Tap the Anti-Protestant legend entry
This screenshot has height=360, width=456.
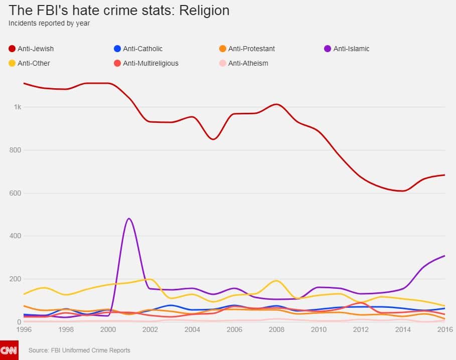tap(246, 49)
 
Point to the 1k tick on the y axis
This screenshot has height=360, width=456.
tap(17, 107)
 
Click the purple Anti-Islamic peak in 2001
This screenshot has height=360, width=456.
tap(129, 219)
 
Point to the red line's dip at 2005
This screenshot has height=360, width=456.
tap(214, 139)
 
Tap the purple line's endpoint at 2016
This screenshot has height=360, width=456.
tap(444, 256)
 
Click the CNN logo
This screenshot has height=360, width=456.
tap(9, 350)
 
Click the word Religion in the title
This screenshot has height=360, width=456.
tap(201, 10)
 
